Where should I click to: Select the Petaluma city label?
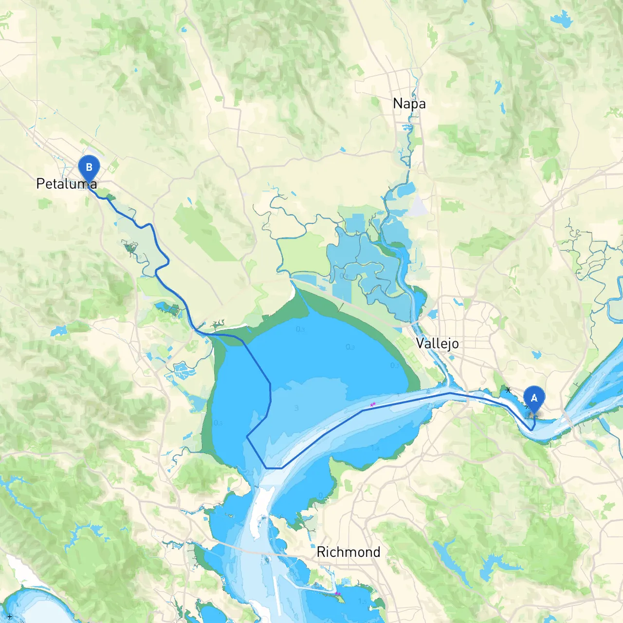pyautogui.click(x=67, y=183)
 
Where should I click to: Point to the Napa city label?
pyautogui.click(x=409, y=103)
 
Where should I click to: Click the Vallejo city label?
pyautogui.click(x=437, y=343)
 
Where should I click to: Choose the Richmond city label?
pyautogui.click(x=348, y=551)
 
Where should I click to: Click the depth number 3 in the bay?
pyautogui.click(x=296, y=408)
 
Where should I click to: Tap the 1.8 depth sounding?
pyautogui.click(x=375, y=448)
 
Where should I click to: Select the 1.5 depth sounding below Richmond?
pyautogui.click(x=363, y=602)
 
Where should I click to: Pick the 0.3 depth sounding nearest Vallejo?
pyautogui.click(x=394, y=366)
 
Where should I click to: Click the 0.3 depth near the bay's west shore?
pyautogui.click(x=218, y=422)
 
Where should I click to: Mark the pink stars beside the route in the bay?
pyautogui.click(x=373, y=404)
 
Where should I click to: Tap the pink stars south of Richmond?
pyautogui.click(x=337, y=593)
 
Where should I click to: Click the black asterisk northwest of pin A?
pyautogui.click(x=508, y=390)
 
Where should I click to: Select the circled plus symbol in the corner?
pyautogui.click(x=9, y=617)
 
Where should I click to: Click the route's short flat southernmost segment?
pyautogui.click(x=274, y=468)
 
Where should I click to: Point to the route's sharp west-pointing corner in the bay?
pyautogui.click(x=248, y=437)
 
